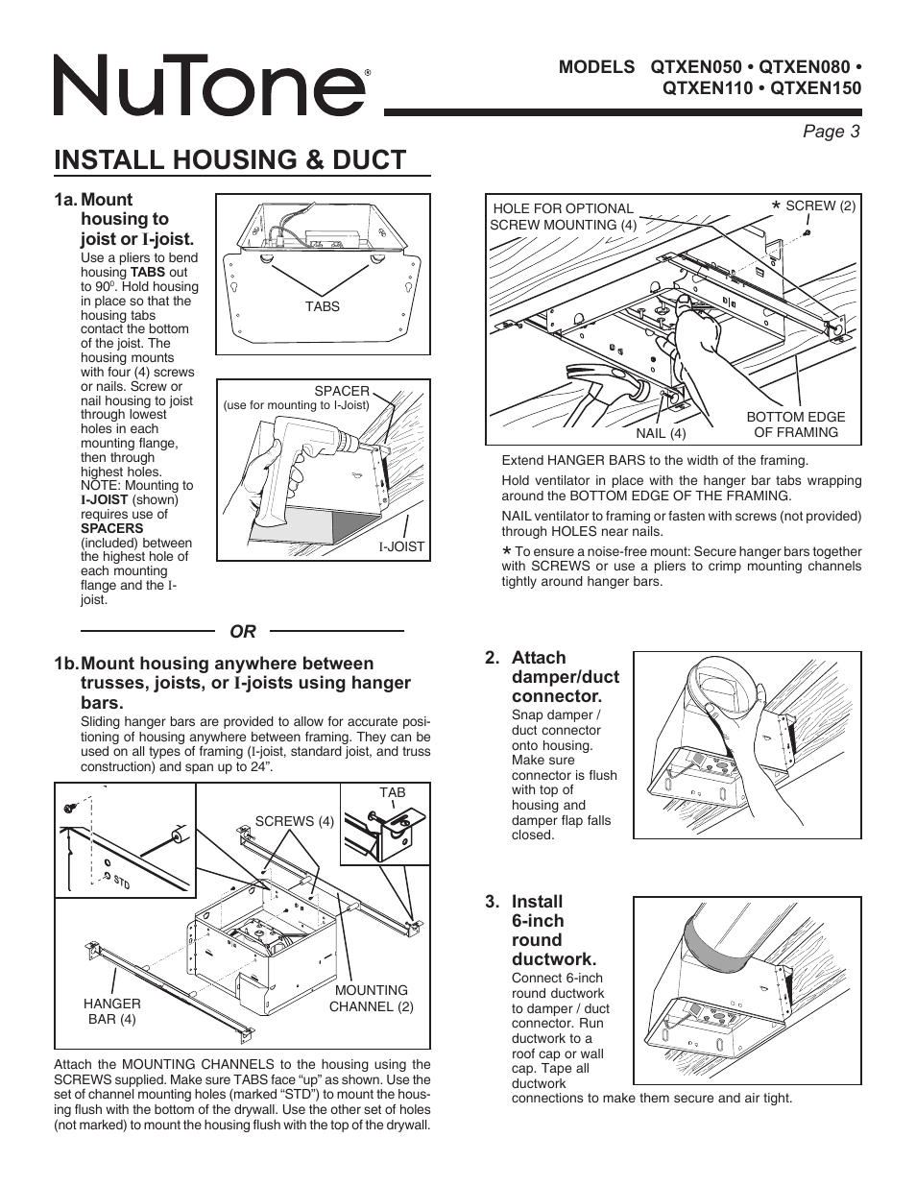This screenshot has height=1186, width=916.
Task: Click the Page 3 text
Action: (x=832, y=132)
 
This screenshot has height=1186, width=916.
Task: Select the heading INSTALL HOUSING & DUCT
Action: (x=230, y=159)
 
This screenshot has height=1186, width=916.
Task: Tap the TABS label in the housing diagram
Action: (x=323, y=306)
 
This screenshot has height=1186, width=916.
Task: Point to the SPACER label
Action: (x=342, y=391)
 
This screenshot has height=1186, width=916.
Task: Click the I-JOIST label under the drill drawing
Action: (x=401, y=546)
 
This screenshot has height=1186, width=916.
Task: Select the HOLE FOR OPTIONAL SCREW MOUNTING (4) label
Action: (x=563, y=217)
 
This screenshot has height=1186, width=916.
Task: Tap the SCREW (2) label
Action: (x=819, y=206)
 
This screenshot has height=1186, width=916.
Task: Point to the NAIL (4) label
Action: (x=661, y=433)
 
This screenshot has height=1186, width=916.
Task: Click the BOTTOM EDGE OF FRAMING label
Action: (x=796, y=424)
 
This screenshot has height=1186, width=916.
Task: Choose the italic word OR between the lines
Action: (x=243, y=631)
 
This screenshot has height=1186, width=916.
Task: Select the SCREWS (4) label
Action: (x=294, y=821)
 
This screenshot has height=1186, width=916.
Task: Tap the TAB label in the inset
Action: (x=393, y=793)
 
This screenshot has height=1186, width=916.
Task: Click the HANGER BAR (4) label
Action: (x=112, y=1011)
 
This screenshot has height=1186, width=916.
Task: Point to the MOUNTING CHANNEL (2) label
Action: (x=371, y=999)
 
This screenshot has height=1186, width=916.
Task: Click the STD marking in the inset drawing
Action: (x=122, y=881)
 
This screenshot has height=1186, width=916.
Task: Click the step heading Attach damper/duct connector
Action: (x=565, y=677)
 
